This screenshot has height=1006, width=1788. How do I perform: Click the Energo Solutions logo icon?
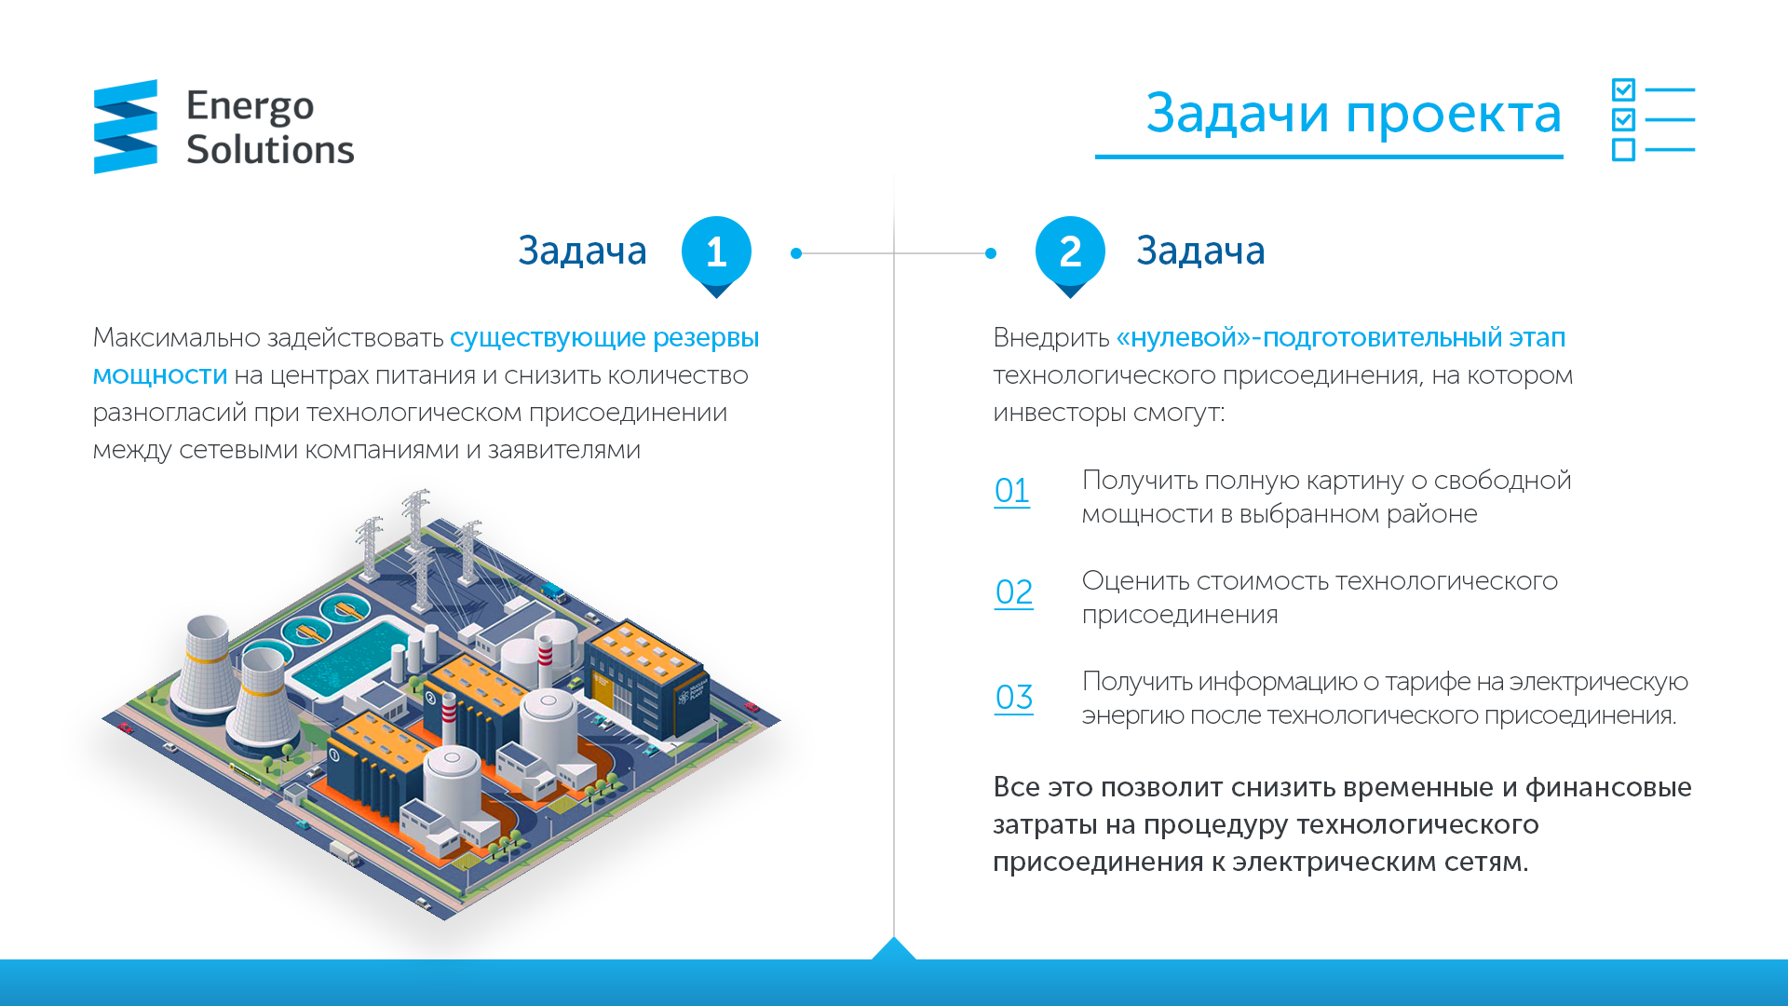126,127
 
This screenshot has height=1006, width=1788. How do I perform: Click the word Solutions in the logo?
270,150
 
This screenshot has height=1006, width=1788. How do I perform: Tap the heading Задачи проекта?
1353,115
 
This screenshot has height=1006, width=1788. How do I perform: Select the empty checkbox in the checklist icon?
1623,149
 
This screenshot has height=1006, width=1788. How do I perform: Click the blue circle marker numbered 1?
716,251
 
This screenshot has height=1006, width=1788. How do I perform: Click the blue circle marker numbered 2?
1070,251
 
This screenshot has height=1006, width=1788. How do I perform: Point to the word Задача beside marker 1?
582,251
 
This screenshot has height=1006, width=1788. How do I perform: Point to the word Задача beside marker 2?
1200,251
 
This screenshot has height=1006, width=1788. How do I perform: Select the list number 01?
1012,491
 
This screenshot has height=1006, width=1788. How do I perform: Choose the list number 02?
1014,592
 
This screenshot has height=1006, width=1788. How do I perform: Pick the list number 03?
1014,698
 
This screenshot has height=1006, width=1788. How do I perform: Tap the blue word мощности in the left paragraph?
160,376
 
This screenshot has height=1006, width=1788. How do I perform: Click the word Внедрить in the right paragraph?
1051,338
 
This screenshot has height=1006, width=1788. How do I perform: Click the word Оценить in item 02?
1135,582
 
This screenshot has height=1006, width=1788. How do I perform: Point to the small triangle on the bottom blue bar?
894,948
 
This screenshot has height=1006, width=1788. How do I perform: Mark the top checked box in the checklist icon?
1623,89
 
